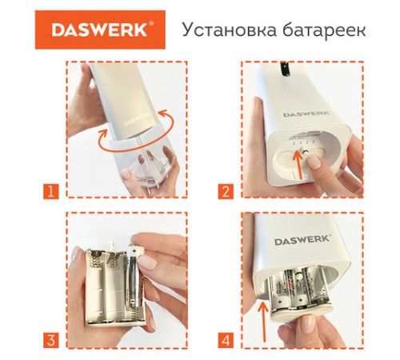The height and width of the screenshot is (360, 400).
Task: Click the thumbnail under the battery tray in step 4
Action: tap(306, 324)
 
